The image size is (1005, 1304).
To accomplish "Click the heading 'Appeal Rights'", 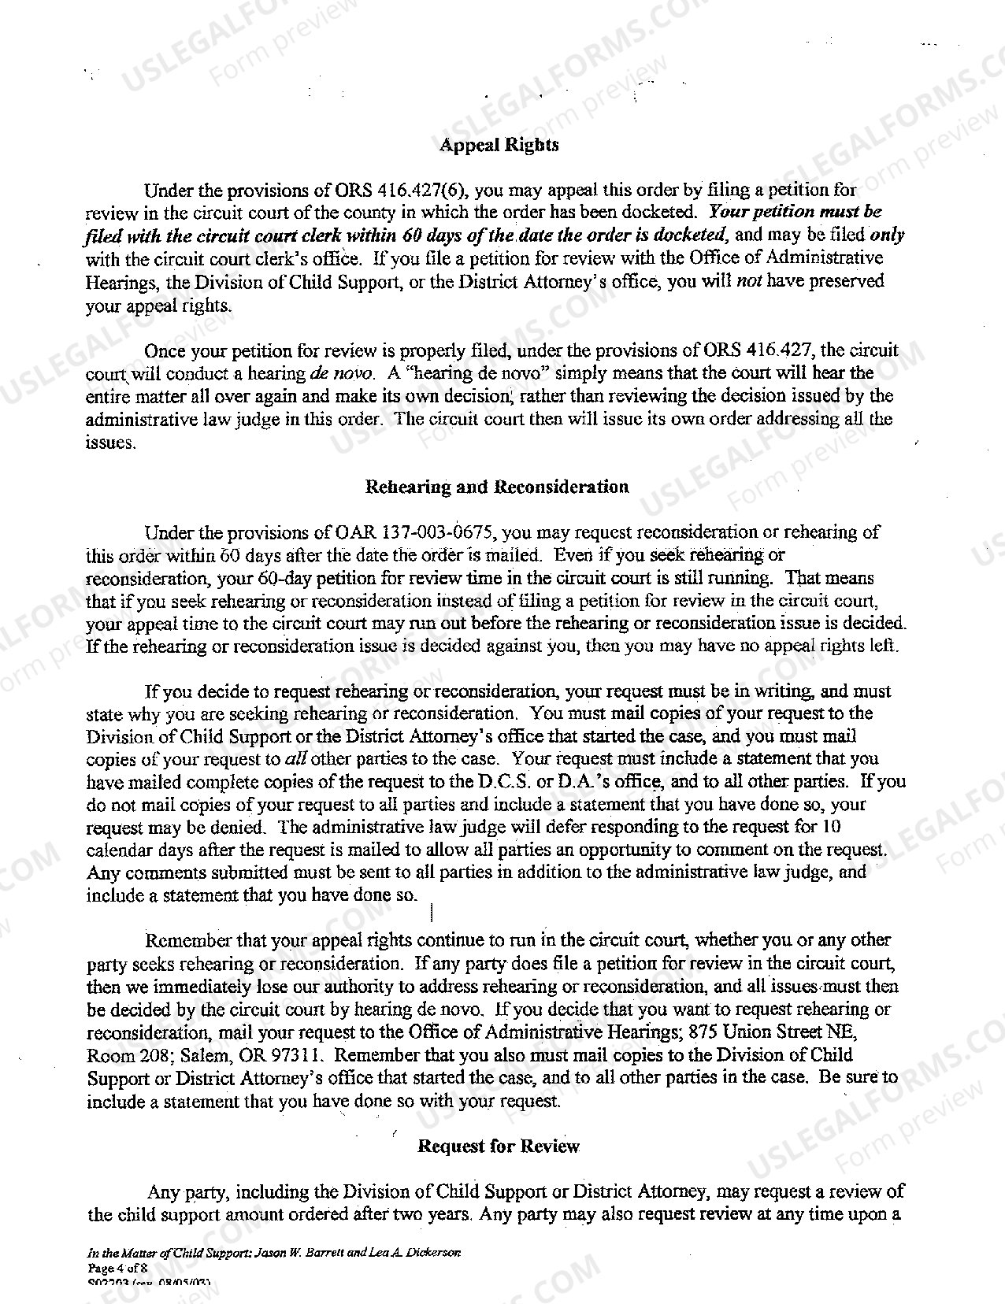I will pyautogui.click(x=499, y=145).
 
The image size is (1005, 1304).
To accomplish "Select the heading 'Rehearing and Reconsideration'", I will pyautogui.click(x=497, y=487).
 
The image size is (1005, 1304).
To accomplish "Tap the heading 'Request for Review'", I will pyautogui.click(x=498, y=1146).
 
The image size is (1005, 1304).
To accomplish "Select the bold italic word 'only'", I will pyautogui.click(x=887, y=235).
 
